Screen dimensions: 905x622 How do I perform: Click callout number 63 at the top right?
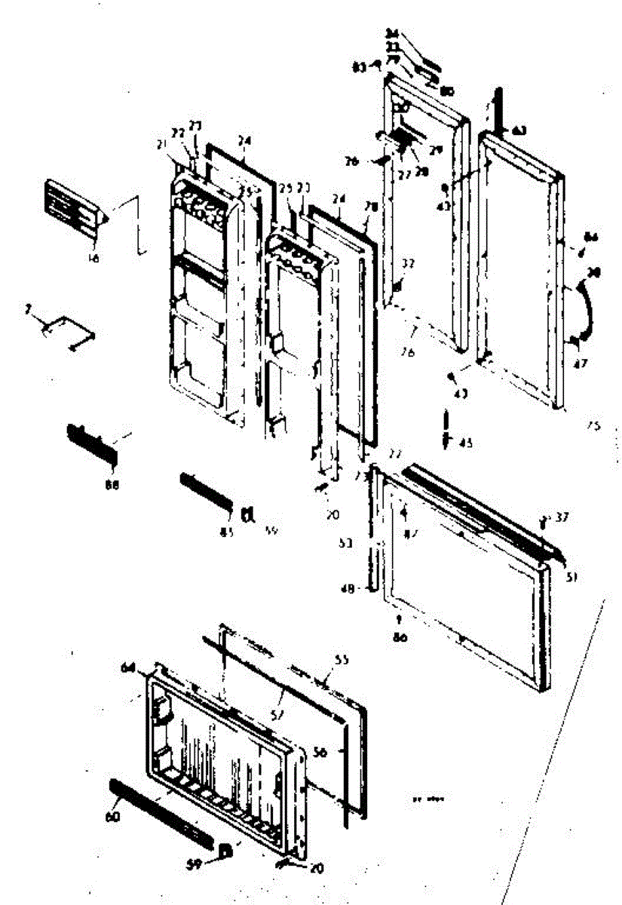519,130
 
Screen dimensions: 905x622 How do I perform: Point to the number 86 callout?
400,637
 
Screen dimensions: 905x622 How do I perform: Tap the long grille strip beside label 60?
161,811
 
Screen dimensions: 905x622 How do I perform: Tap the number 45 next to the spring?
466,443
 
